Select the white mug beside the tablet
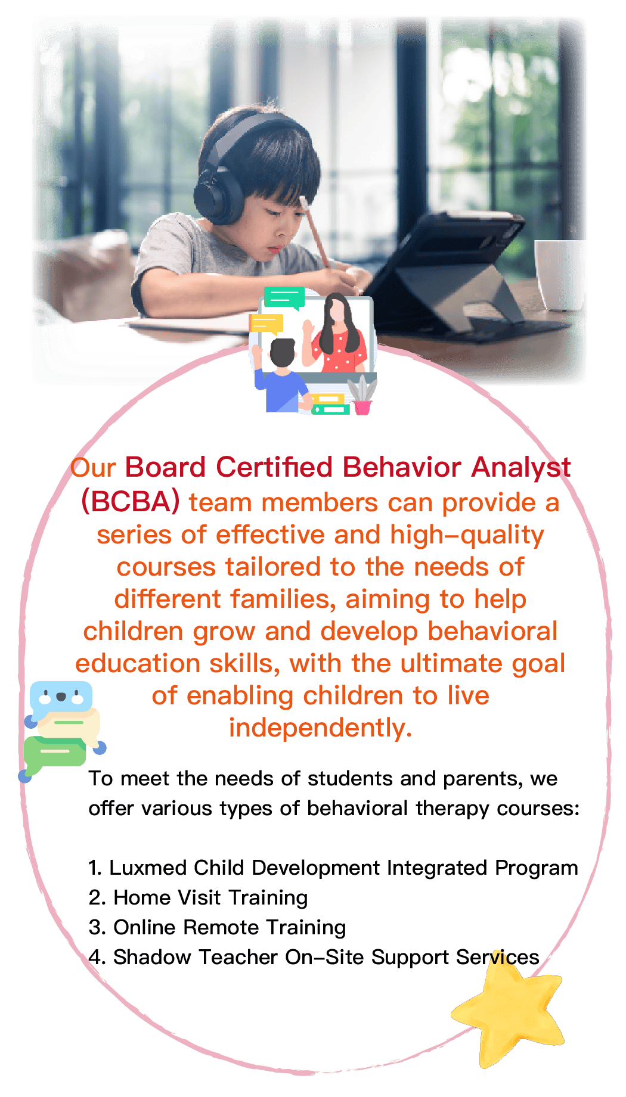click(560, 274)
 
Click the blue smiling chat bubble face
click(61, 699)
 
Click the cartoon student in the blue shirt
click(280, 375)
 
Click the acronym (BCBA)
click(130, 502)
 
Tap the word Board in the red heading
click(166, 467)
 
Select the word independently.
click(320, 728)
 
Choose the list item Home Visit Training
click(210, 897)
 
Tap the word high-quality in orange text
click(467, 536)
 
